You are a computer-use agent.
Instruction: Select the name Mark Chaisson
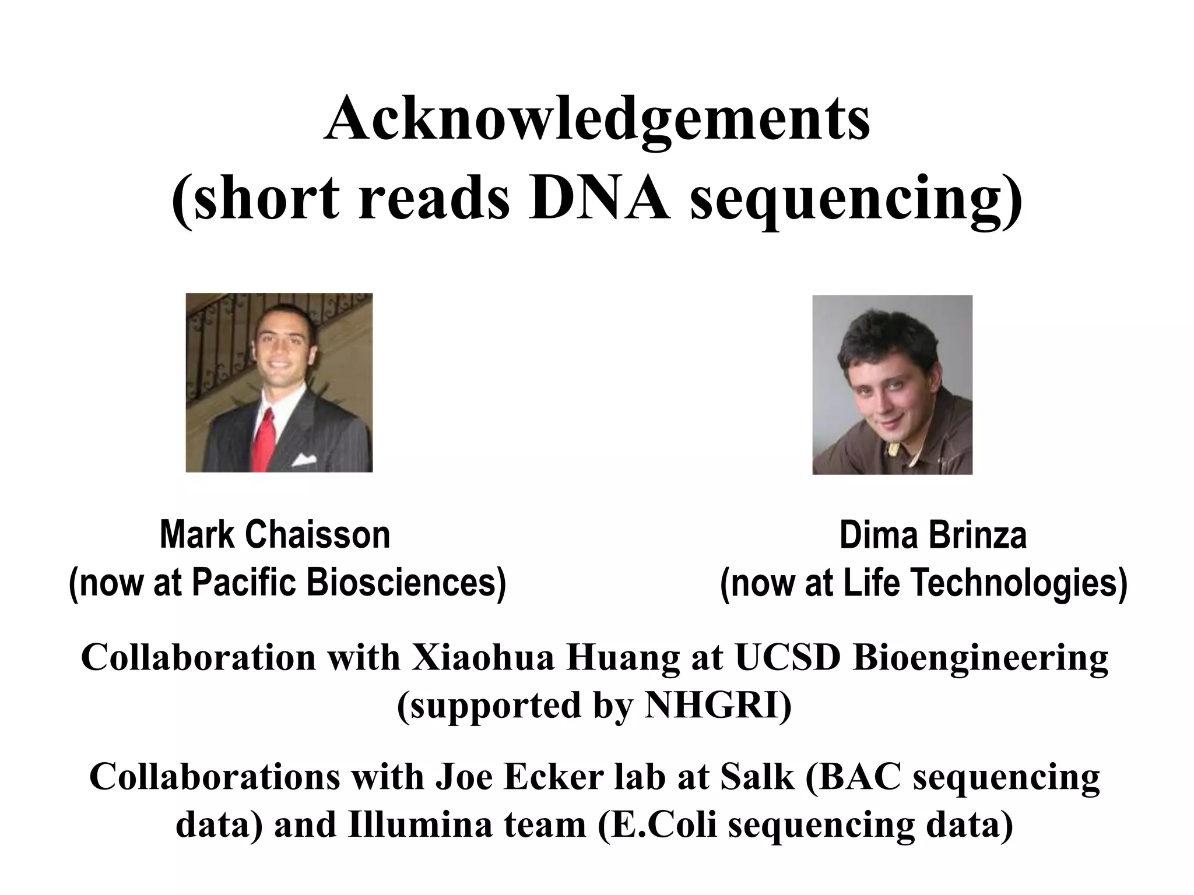275,535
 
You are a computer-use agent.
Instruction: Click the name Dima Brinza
933,535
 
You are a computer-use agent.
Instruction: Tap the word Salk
757,777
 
